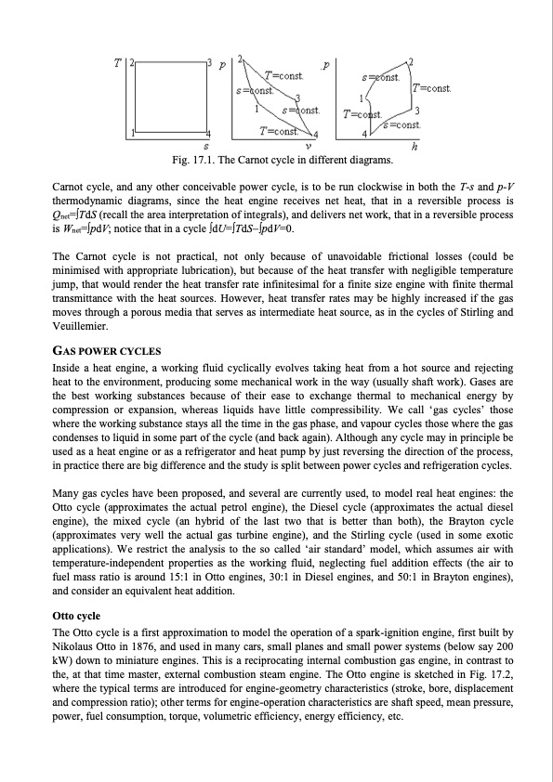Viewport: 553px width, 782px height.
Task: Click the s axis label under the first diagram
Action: click(206, 146)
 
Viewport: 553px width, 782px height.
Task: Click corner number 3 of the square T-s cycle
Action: click(211, 62)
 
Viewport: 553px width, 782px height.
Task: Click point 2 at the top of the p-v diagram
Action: click(242, 59)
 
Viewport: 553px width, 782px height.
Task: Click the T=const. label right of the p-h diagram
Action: click(432, 88)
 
